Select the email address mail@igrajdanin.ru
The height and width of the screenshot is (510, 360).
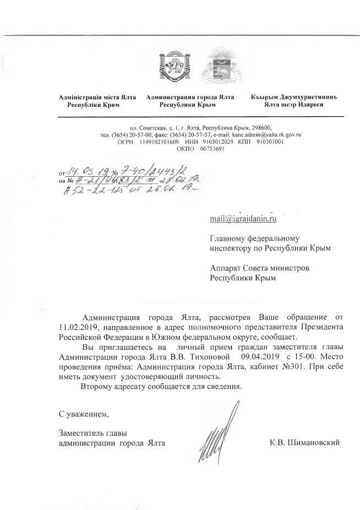coord(243,219)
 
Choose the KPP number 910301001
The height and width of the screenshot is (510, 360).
coord(266,142)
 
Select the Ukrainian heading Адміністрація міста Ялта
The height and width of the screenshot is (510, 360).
coord(98,97)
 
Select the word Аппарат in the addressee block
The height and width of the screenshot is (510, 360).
coord(226,268)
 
